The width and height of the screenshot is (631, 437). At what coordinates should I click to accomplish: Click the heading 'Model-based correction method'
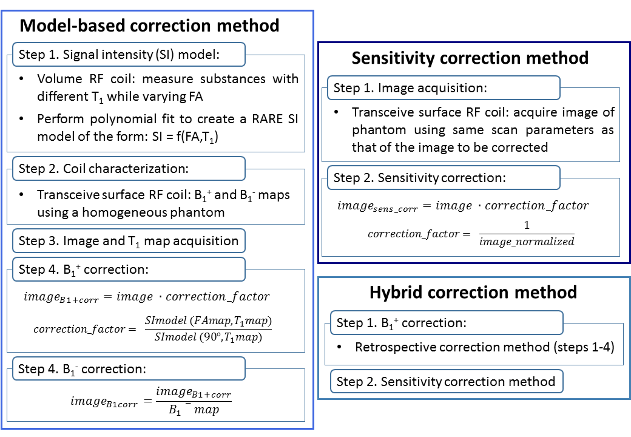(x=150, y=25)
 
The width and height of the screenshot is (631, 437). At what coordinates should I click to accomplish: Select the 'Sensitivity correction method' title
(x=470, y=58)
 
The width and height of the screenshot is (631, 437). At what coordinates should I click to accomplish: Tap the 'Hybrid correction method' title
(x=473, y=293)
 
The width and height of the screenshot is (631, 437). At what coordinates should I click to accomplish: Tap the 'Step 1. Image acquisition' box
(x=443, y=88)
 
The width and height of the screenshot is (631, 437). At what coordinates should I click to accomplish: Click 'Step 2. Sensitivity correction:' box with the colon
(x=443, y=178)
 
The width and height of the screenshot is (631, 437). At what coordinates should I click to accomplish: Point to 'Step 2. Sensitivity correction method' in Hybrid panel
(x=447, y=381)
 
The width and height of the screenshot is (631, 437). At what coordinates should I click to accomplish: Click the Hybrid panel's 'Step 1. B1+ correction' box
(x=447, y=323)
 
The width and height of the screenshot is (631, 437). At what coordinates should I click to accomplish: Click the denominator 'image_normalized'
(x=526, y=242)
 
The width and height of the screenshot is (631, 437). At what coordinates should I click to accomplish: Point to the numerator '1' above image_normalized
(x=526, y=225)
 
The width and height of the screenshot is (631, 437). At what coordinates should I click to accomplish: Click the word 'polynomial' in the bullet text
(x=115, y=118)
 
